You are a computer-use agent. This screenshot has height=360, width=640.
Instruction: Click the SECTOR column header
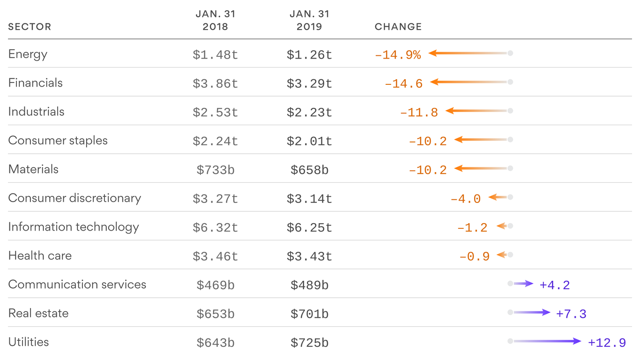click(30, 27)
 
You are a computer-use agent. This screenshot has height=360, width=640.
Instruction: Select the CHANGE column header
click(398, 27)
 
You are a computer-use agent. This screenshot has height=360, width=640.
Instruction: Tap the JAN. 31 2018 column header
click(215, 21)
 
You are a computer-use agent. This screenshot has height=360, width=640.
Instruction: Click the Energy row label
click(28, 54)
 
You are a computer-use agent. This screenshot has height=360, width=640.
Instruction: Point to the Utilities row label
click(29, 342)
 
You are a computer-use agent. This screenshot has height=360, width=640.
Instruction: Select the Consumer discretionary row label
click(74, 198)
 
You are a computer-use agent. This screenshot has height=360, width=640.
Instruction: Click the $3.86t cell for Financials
click(215, 83)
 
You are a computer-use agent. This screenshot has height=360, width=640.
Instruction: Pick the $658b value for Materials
click(309, 170)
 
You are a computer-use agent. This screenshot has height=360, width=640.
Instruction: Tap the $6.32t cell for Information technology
click(215, 227)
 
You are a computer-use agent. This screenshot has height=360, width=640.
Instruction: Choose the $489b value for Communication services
click(309, 285)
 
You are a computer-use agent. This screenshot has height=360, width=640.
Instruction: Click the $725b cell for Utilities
click(309, 343)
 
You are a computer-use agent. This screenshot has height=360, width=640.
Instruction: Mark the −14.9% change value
click(397, 55)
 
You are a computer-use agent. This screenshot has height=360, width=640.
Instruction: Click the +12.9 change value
click(607, 343)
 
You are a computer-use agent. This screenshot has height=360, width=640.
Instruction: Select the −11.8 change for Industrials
click(419, 112)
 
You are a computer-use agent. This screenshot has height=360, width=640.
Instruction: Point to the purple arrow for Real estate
click(532, 312)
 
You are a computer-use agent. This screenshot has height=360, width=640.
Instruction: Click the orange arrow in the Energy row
click(469, 53)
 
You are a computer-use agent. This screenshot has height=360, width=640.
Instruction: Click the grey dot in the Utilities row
click(510, 341)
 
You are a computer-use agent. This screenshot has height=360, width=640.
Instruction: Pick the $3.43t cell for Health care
click(309, 256)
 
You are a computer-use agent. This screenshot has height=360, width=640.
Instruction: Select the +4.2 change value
click(555, 285)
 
